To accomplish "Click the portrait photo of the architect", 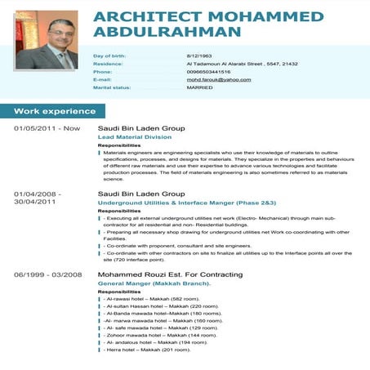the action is point(46,40).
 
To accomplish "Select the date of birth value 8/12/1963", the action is point(199,55).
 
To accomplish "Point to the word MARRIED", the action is point(200,87).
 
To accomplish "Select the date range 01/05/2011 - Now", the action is point(47,128).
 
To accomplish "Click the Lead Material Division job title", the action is point(135,137).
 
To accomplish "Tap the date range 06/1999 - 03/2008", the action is point(48,274).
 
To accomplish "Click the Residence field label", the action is point(108,63).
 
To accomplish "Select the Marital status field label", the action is point(111,87).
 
